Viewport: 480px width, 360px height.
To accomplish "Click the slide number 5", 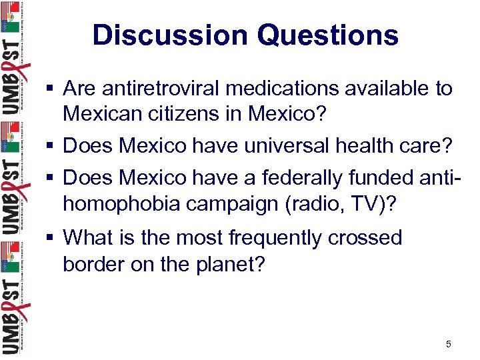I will click(x=448, y=344).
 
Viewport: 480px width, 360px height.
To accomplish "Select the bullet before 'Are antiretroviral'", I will click(x=51, y=89).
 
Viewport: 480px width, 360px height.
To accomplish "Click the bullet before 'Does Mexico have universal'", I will click(x=51, y=145).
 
